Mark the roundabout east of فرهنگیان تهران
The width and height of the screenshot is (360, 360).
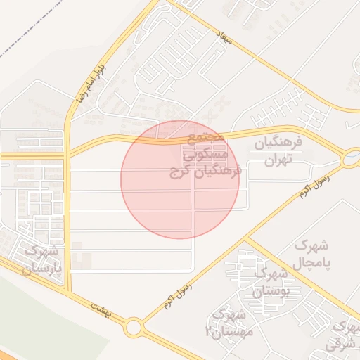coord(350,160)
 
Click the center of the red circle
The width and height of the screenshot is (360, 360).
coord(180,179)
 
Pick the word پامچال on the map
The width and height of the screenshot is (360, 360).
coord(312,262)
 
